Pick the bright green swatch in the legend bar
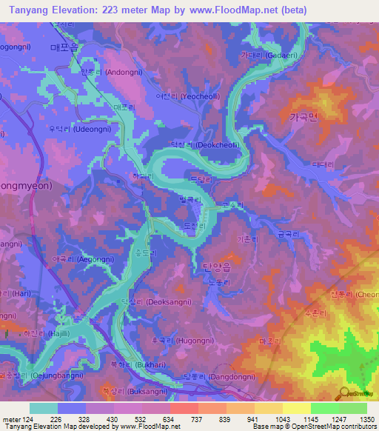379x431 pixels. point(324,408)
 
